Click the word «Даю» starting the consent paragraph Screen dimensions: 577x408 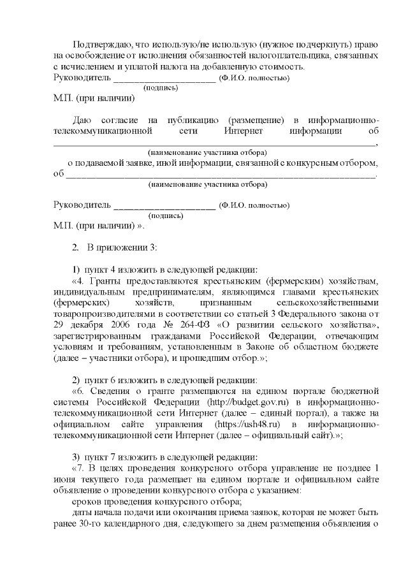click(83, 121)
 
